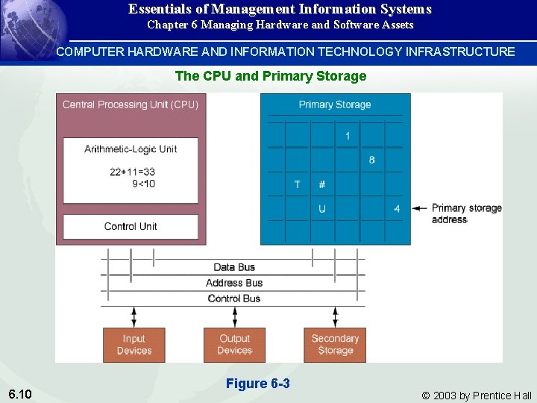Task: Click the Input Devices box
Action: click(134, 344)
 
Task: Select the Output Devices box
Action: click(234, 344)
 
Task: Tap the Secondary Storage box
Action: click(335, 344)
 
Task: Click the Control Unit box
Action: click(131, 226)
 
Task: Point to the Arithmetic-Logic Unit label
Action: click(131, 149)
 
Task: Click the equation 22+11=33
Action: click(132, 172)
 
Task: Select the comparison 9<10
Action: click(143, 184)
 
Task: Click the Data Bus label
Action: click(234, 267)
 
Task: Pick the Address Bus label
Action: click(234, 283)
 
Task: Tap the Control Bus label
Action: click(234, 299)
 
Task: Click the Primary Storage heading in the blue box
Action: click(335, 104)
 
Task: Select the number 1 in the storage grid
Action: click(348, 136)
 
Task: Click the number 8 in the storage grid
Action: click(372, 160)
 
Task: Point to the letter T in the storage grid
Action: click(297, 184)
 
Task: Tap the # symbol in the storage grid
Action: click(322, 184)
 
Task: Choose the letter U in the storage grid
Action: click(322, 209)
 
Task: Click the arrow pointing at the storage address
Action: click(419, 208)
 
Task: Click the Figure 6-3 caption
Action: click(257, 384)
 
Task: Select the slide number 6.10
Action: click(20, 393)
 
